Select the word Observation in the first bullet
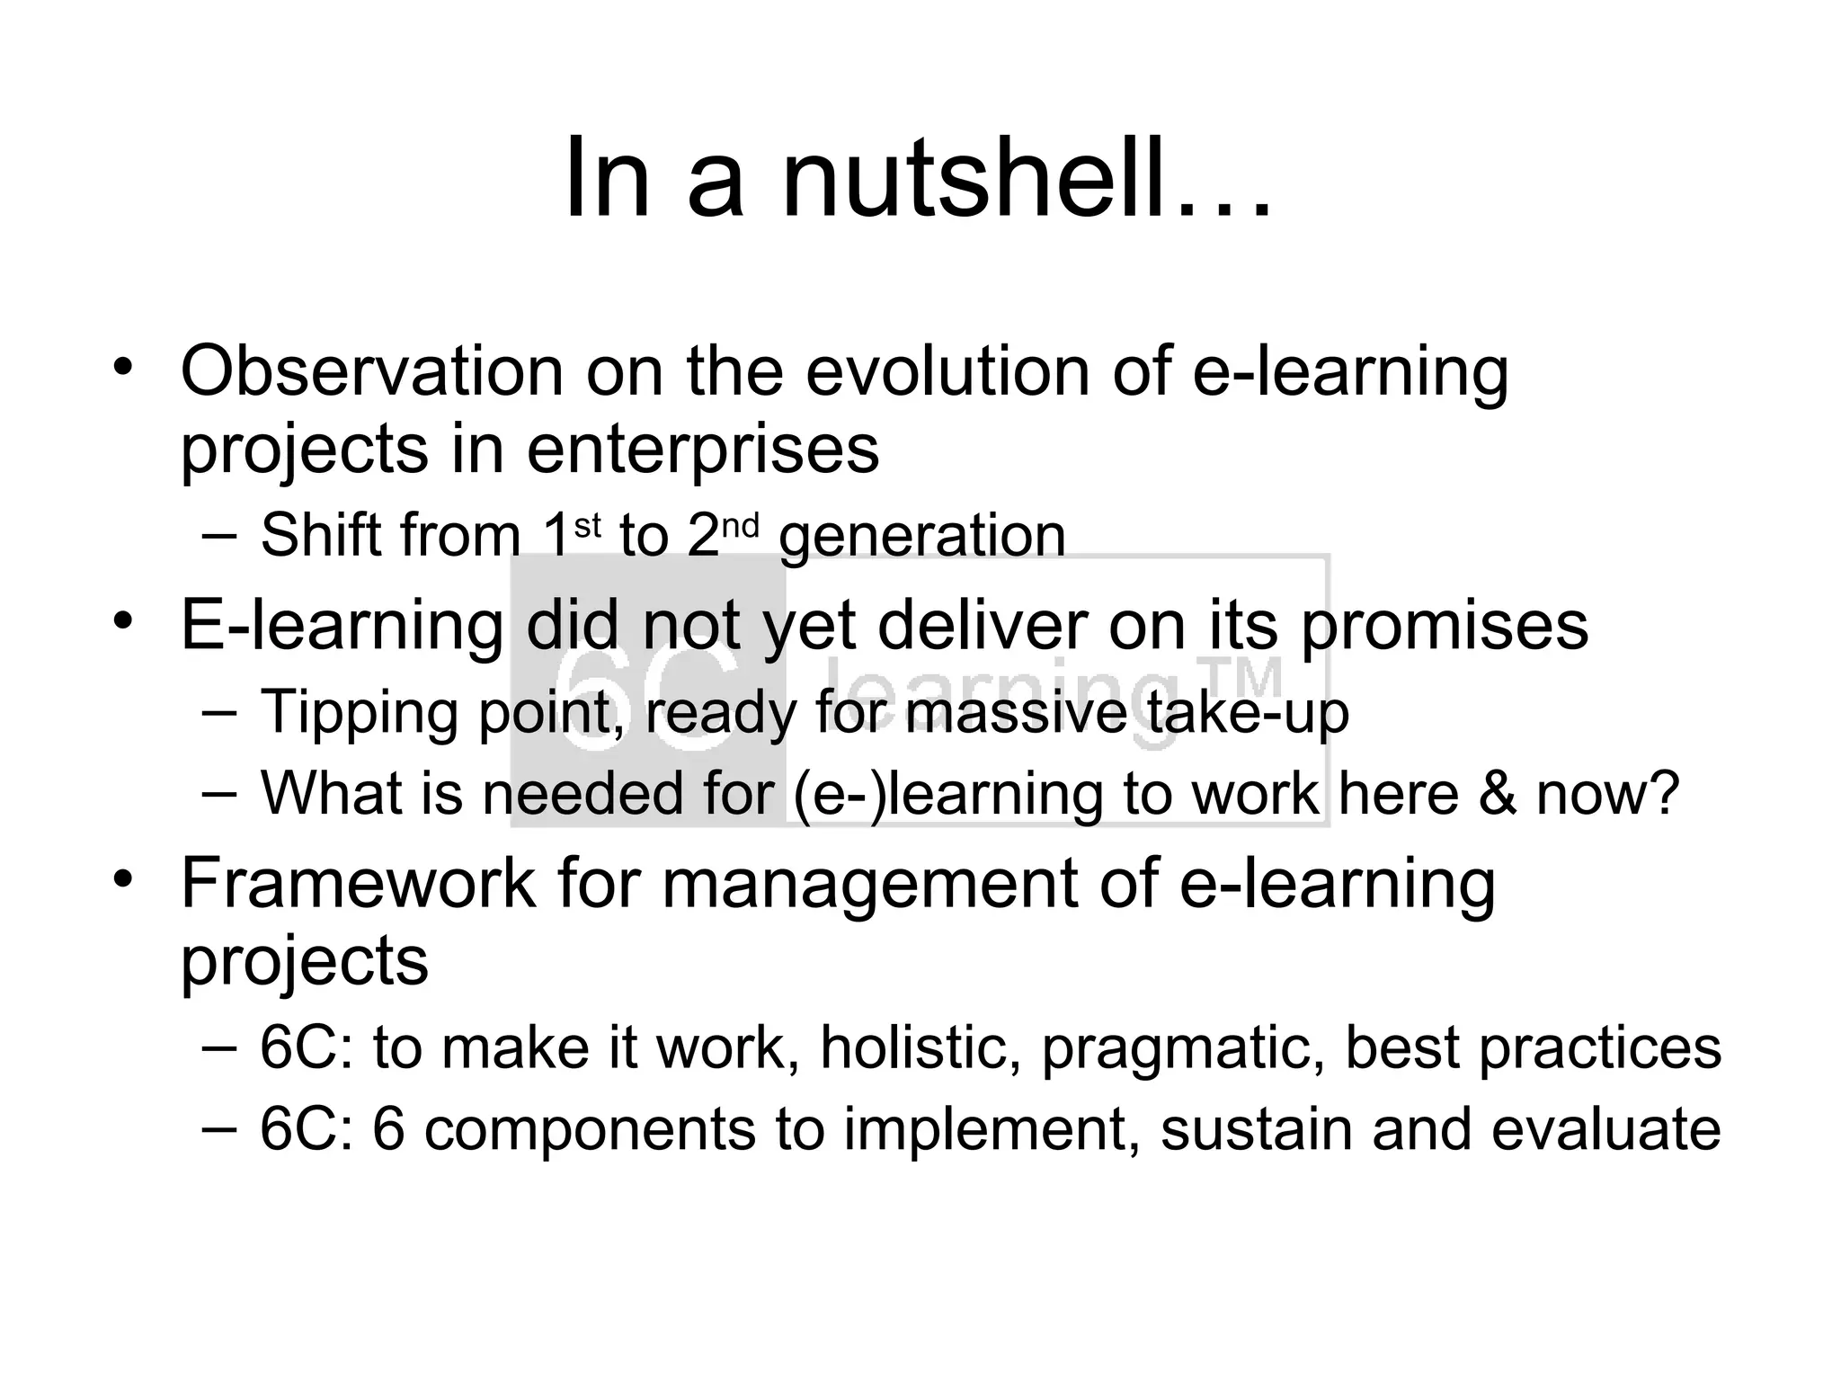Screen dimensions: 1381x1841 pos(371,371)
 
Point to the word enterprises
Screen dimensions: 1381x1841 pos(702,450)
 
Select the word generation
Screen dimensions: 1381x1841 pos(922,537)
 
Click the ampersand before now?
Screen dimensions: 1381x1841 pos(1498,793)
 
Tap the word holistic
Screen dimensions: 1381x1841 pos(920,1048)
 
